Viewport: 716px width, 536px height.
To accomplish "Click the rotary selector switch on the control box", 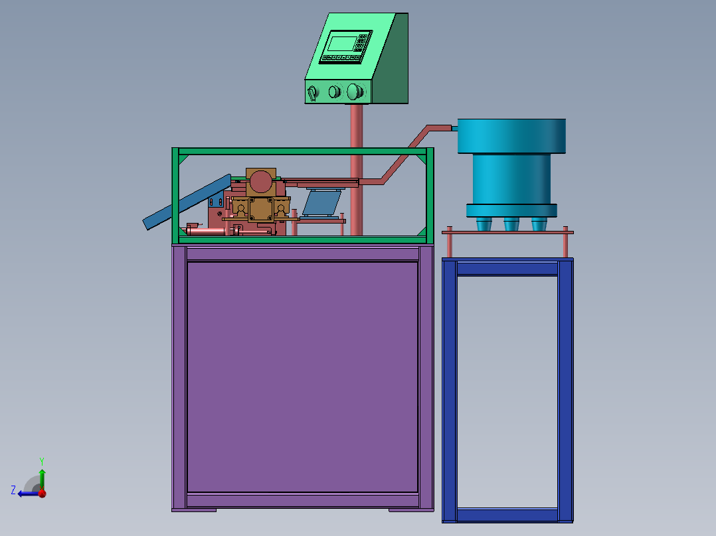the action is pyautogui.click(x=313, y=93).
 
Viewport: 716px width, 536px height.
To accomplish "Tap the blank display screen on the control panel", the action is pyautogui.click(x=342, y=44).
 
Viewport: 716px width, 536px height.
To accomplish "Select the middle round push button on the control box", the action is pyautogui.click(x=335, y=92).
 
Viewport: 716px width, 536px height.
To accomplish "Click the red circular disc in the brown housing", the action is pyautogui.click(x=261, y=182).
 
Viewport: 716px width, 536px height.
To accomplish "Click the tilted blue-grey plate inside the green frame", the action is pyautogui.click(x=322, y=203).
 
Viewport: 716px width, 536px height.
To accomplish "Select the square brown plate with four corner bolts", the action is pyautogui.click(x=261, y=210).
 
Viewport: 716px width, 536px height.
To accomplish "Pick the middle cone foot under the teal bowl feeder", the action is pyautogui.click(x=511, y=224).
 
